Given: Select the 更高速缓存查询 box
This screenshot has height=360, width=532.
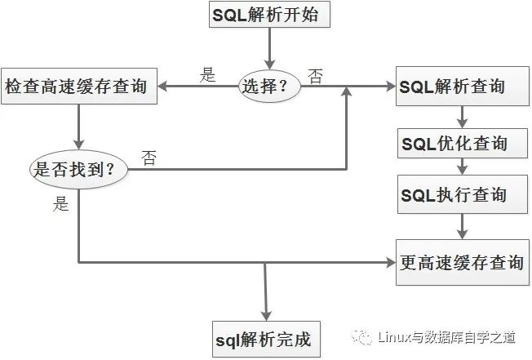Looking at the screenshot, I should (x=463, y=262).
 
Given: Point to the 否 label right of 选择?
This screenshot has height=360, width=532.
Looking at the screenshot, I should (x=315, y=75).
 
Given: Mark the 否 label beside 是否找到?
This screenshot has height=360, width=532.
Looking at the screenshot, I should (x=149, y=157).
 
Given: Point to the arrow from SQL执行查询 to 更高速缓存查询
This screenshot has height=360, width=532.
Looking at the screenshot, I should (x=463, y=225).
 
